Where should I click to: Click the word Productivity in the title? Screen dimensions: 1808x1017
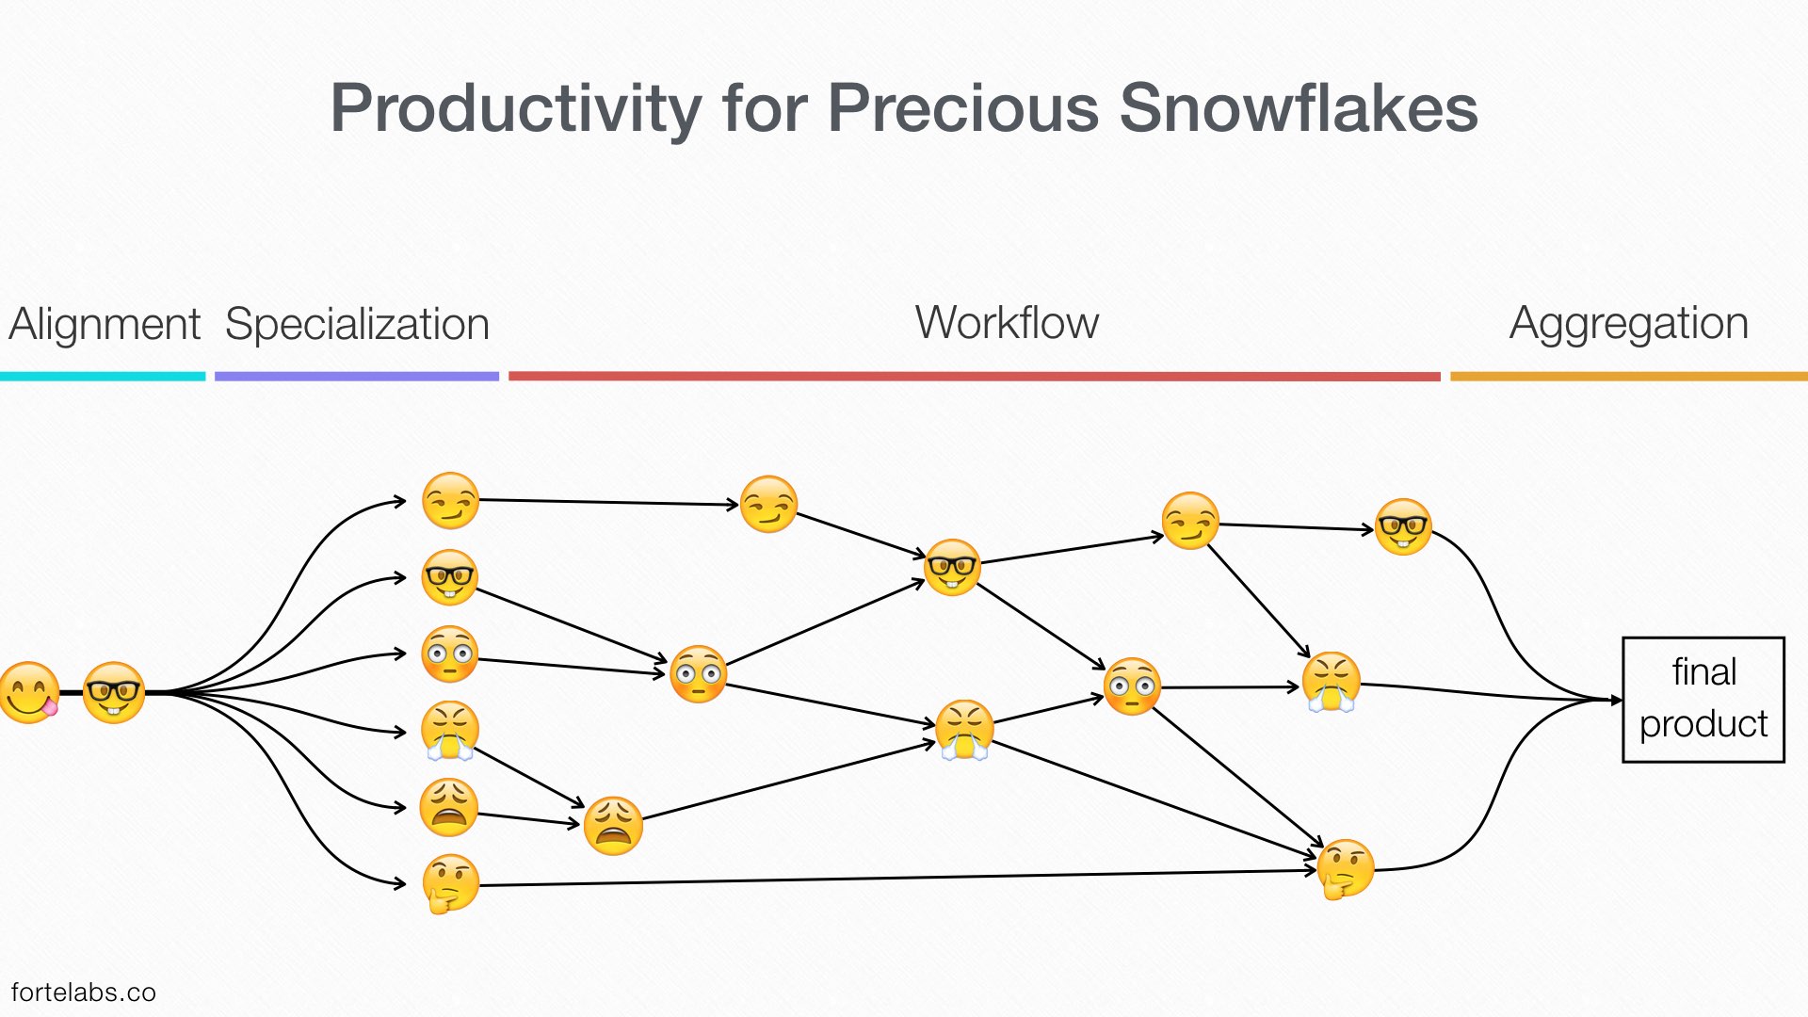pos(516,109)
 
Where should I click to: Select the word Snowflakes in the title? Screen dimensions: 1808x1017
pos(1299,107)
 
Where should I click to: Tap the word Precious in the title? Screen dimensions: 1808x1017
pos(963,107)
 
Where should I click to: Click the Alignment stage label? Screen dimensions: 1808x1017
pos(105,325)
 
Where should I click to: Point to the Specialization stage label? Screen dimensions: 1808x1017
pos(357,325)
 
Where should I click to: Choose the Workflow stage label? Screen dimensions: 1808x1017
pos(1007,323)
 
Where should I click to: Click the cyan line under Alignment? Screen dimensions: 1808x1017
pos(103,377)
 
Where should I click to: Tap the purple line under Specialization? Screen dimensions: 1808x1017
pos(357,377)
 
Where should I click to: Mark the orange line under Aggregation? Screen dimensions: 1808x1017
pos(1629,377)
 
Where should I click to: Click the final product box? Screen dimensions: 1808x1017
pos(1703,700)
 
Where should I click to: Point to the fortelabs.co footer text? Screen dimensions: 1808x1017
pos(84,993)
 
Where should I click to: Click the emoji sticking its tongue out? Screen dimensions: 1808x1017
pos(30,693)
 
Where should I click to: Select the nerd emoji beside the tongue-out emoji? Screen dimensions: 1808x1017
pos(114,693)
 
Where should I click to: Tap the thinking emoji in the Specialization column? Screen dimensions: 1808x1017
pos(450,883)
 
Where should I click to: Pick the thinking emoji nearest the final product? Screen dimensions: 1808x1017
pos(1345,869)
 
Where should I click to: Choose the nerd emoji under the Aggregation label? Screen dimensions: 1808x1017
pos(1403,527)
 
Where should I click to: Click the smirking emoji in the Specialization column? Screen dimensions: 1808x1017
pos(451,501)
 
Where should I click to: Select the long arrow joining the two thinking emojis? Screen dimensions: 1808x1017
pos(898,878)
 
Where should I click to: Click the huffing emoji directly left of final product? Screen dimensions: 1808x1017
pos(1332,682)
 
